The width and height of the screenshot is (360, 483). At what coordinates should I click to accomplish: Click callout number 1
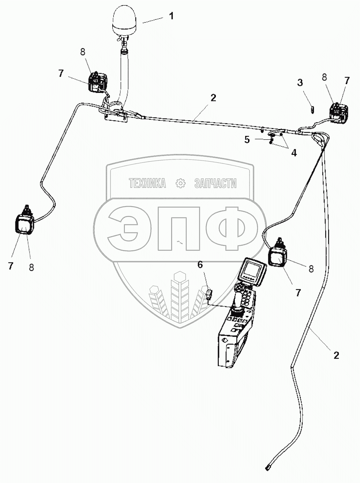point(171,16)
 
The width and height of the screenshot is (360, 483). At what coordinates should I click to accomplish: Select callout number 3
point(300,83)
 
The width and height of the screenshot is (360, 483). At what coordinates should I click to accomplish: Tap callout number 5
point(247,140)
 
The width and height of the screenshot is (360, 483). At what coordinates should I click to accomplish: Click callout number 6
point(200,264)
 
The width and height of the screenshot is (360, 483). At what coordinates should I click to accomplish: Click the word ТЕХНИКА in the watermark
point(147,183)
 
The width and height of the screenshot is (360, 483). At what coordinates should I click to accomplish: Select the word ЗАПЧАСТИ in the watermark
point(215,183)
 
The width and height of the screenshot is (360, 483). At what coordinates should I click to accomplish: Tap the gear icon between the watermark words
point(180,183)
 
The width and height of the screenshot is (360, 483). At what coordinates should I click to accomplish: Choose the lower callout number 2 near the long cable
point(336,355)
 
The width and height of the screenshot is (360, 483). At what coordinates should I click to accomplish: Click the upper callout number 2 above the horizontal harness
point(213,98)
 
